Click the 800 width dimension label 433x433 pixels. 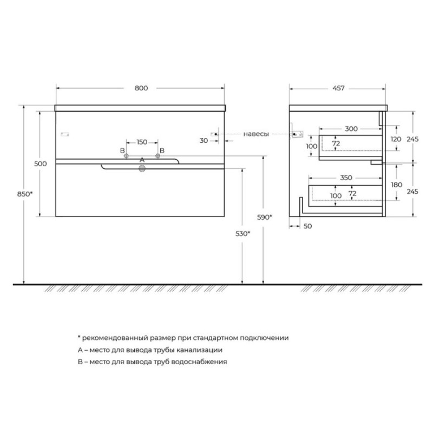141,88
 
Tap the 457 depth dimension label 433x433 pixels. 338,88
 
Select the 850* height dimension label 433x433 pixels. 25,194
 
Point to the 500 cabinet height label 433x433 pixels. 40,164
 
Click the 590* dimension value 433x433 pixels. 265,218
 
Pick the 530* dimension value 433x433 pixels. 242,234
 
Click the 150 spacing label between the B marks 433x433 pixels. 142,142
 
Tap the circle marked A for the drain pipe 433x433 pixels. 142,169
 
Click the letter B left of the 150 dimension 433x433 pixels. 122,151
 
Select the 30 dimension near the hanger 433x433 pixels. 204,141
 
